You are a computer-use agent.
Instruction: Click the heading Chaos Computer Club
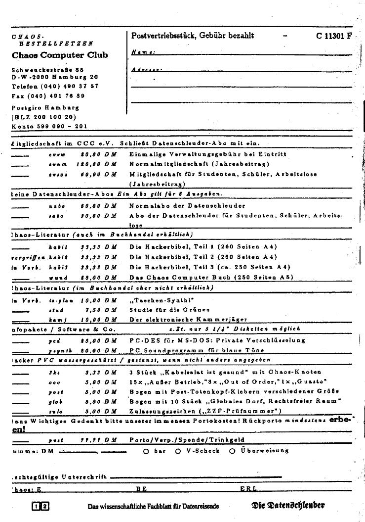pos(59,55)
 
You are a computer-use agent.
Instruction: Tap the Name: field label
pos(143,52)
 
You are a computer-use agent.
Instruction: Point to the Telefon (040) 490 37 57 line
pos(55,86)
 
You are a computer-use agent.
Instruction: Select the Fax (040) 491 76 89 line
pos(48,95)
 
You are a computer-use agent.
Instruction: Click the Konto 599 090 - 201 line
pos(49,126)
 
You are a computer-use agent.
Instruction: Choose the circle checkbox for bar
pos(146,451)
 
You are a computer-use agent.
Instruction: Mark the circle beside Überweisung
pos(232,451)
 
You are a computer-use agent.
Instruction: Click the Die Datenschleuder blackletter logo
pos(288,505)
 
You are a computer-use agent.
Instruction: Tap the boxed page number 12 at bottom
pos(41,506)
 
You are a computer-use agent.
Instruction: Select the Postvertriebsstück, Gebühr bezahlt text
pos(193,36)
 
